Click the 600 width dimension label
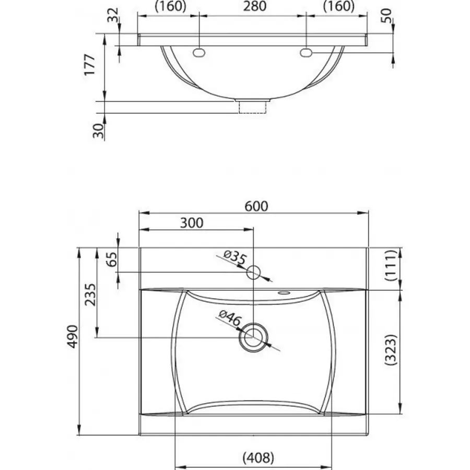pyautogui.click(x=256, y=206)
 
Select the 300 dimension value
pyautogui.click(x=192, y=222)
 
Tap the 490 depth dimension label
pyautogui.click(x=73, y=336)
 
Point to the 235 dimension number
pyautogui.click(x=90, y=295)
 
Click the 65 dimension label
pyautogui.click(x=112, y=259)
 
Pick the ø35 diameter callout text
pyautogui.click(x=236, y=258)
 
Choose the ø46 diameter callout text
pyautogui.click(x=230, y=319)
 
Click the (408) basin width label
pyautogui.click(x=258, y=457)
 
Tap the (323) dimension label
pyautogui.click(x=391, y=349)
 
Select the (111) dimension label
pyautogui.click(x=391, y=265)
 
